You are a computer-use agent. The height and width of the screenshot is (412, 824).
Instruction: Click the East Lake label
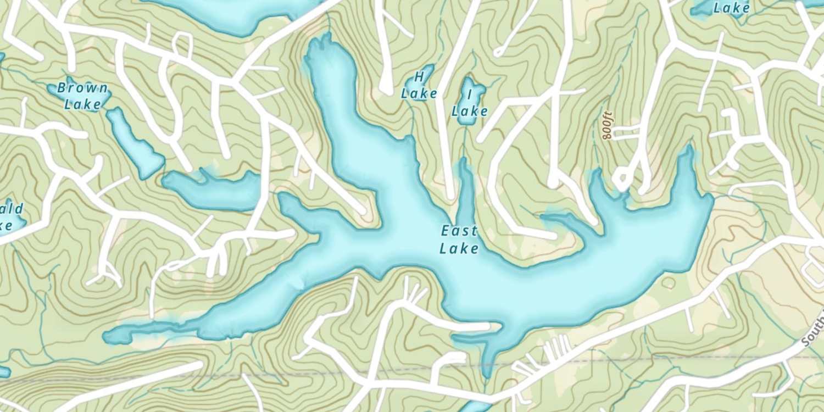459,240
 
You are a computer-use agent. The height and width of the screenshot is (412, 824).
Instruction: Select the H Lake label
419,85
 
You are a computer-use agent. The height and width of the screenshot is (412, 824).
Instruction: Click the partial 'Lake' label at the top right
731,8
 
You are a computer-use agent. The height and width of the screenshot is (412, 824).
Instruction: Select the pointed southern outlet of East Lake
487,374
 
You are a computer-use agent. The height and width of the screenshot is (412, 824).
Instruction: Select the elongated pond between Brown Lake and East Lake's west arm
211,190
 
